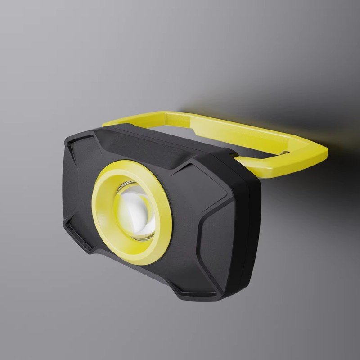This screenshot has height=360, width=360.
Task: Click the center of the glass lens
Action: (135, 209)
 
